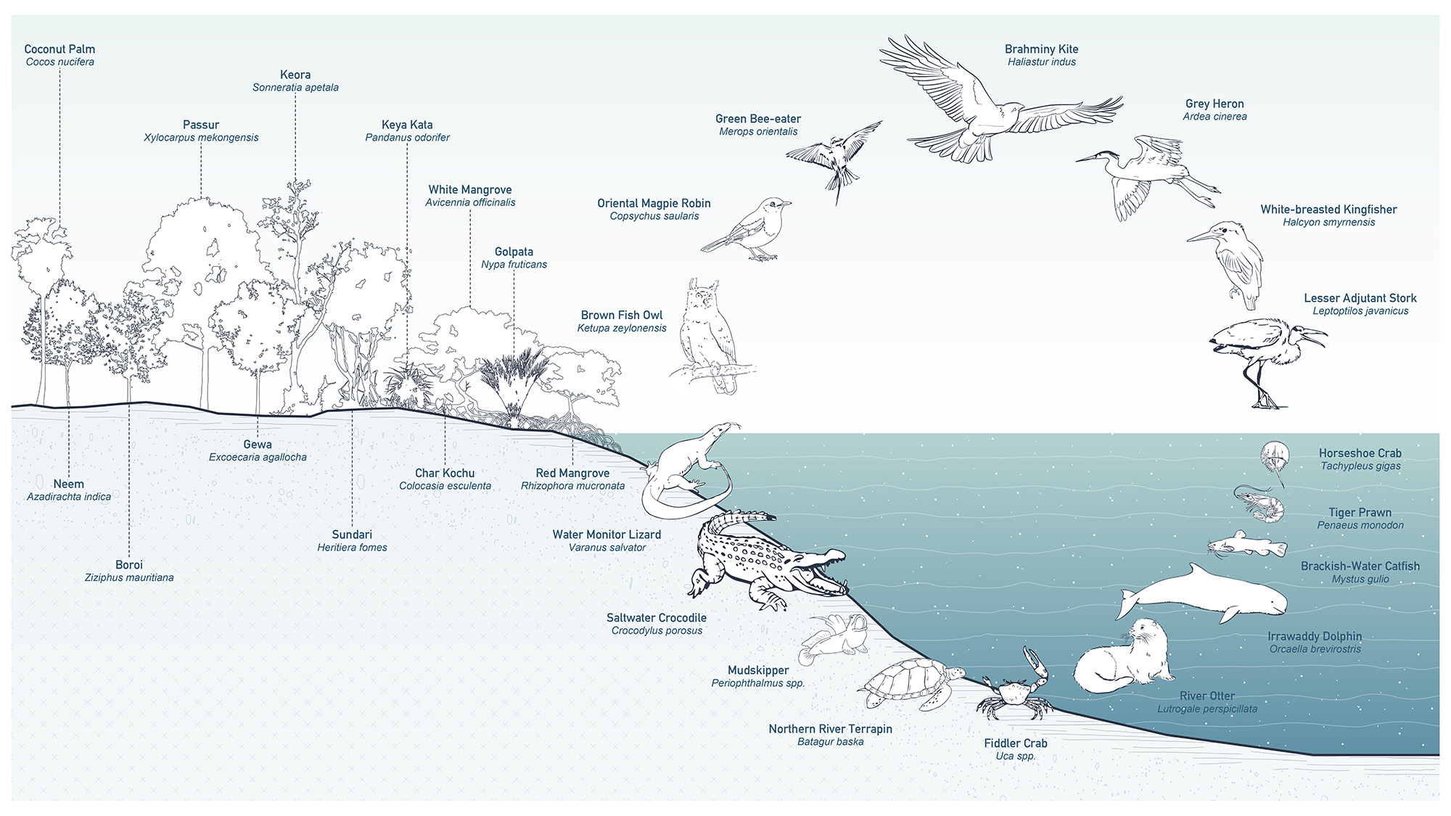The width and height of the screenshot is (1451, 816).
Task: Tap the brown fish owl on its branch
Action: click(x=707, y=334)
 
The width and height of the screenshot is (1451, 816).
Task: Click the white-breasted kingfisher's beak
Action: click(x=1201, y=236)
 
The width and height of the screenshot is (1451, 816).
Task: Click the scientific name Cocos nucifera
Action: click(x=59, y=62)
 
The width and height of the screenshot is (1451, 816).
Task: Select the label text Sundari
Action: click(x=352, y=535)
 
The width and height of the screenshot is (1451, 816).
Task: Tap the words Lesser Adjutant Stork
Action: click(x=1360, y=298)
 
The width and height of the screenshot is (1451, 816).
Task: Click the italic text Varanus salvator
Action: click(x=607, y=548)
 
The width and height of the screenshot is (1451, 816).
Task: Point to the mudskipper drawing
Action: click(x=834, y=638)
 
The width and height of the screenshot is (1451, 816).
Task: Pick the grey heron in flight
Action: click(x=1146, y=174)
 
